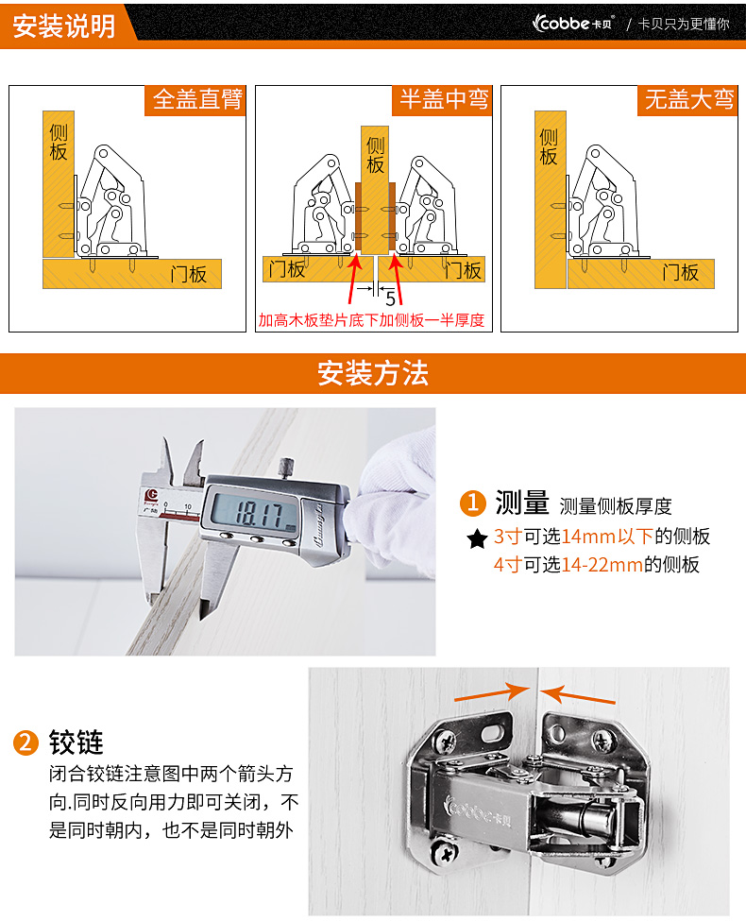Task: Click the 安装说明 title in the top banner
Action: coord(63,26)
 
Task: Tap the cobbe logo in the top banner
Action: coord(572,23)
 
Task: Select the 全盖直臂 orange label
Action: coord(196,100)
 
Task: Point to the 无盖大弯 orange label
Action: coord(688,100)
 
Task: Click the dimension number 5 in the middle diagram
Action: coord(391,299)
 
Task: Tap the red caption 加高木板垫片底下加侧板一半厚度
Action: coord(371,320)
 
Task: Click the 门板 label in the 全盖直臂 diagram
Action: coord(189,274)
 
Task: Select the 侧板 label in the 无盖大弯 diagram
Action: coord(548,146)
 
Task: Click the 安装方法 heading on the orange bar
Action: coord(373,373)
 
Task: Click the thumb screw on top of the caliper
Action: coord(286,469)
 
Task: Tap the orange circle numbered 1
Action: coord(473,503)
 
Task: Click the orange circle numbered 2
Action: coord(25,742)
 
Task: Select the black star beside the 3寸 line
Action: coord(477,538)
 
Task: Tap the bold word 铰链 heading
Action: coord(76,742)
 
